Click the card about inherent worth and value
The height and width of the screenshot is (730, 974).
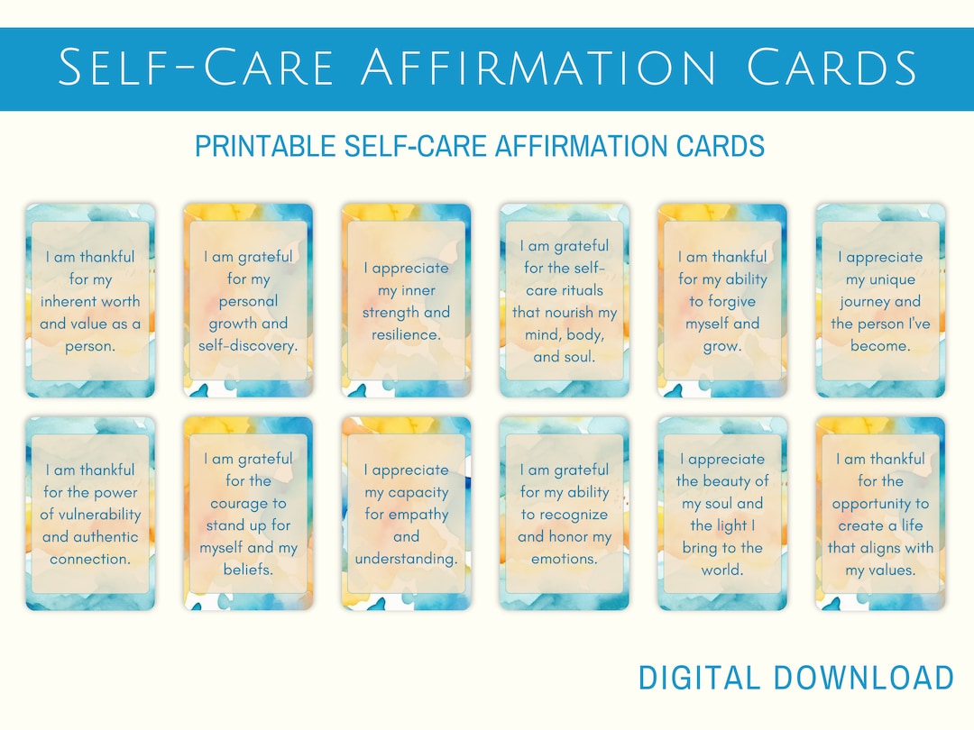[90, 301]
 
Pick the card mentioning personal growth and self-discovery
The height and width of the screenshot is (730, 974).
[248, 301]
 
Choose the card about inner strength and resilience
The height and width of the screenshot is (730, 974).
[406, 301]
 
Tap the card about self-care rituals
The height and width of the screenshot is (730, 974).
[565, 301]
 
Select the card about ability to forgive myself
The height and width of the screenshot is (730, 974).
[721, 301]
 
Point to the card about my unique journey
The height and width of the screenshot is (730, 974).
[880, 301]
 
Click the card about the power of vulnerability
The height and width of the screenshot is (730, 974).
[90, 514]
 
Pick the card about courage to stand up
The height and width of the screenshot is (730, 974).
[248, 514]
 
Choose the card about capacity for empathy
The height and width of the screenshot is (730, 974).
[406, 514]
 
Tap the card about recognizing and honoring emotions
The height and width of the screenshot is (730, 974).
[565, 514]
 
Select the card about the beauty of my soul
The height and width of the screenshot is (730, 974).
[721, 514]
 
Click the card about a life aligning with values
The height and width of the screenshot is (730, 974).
[880, 514]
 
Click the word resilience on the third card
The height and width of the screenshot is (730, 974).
[406, 334]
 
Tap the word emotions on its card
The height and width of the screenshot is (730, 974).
[565, 559]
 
